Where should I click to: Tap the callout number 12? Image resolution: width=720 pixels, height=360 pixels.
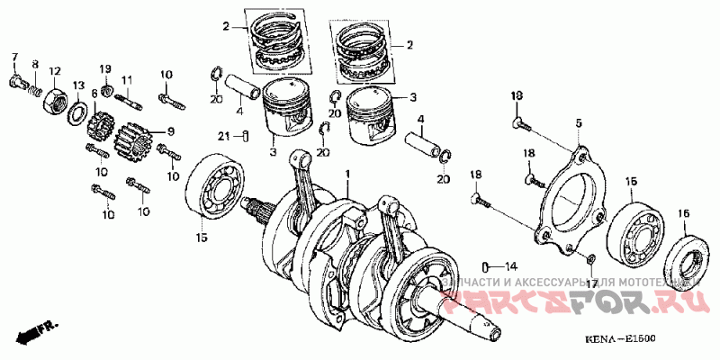tap(54, 71)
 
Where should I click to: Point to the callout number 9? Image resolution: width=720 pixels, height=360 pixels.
tap(170, 130)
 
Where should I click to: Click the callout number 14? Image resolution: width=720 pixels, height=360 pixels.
tap(510, 266)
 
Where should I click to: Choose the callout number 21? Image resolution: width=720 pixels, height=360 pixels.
tap(221, 136)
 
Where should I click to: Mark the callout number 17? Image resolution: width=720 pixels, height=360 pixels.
tap(591, 283)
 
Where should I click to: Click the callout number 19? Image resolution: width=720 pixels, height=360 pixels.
tap(104, 69)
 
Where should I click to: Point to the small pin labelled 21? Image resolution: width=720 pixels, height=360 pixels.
tap(245, 137)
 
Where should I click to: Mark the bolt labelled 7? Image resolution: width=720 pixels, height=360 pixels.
tap(14, 84)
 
